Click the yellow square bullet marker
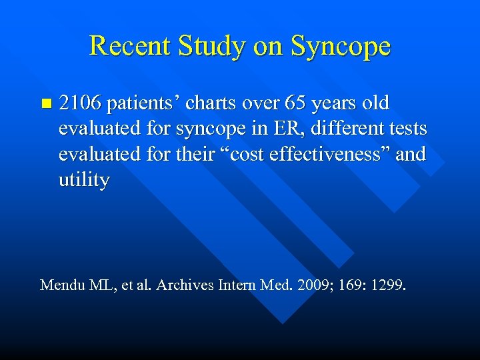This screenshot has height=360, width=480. (45, 103)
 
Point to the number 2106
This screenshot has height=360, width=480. (80, 104)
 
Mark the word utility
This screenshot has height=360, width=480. (83, 181)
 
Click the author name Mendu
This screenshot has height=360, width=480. (59, 285)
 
